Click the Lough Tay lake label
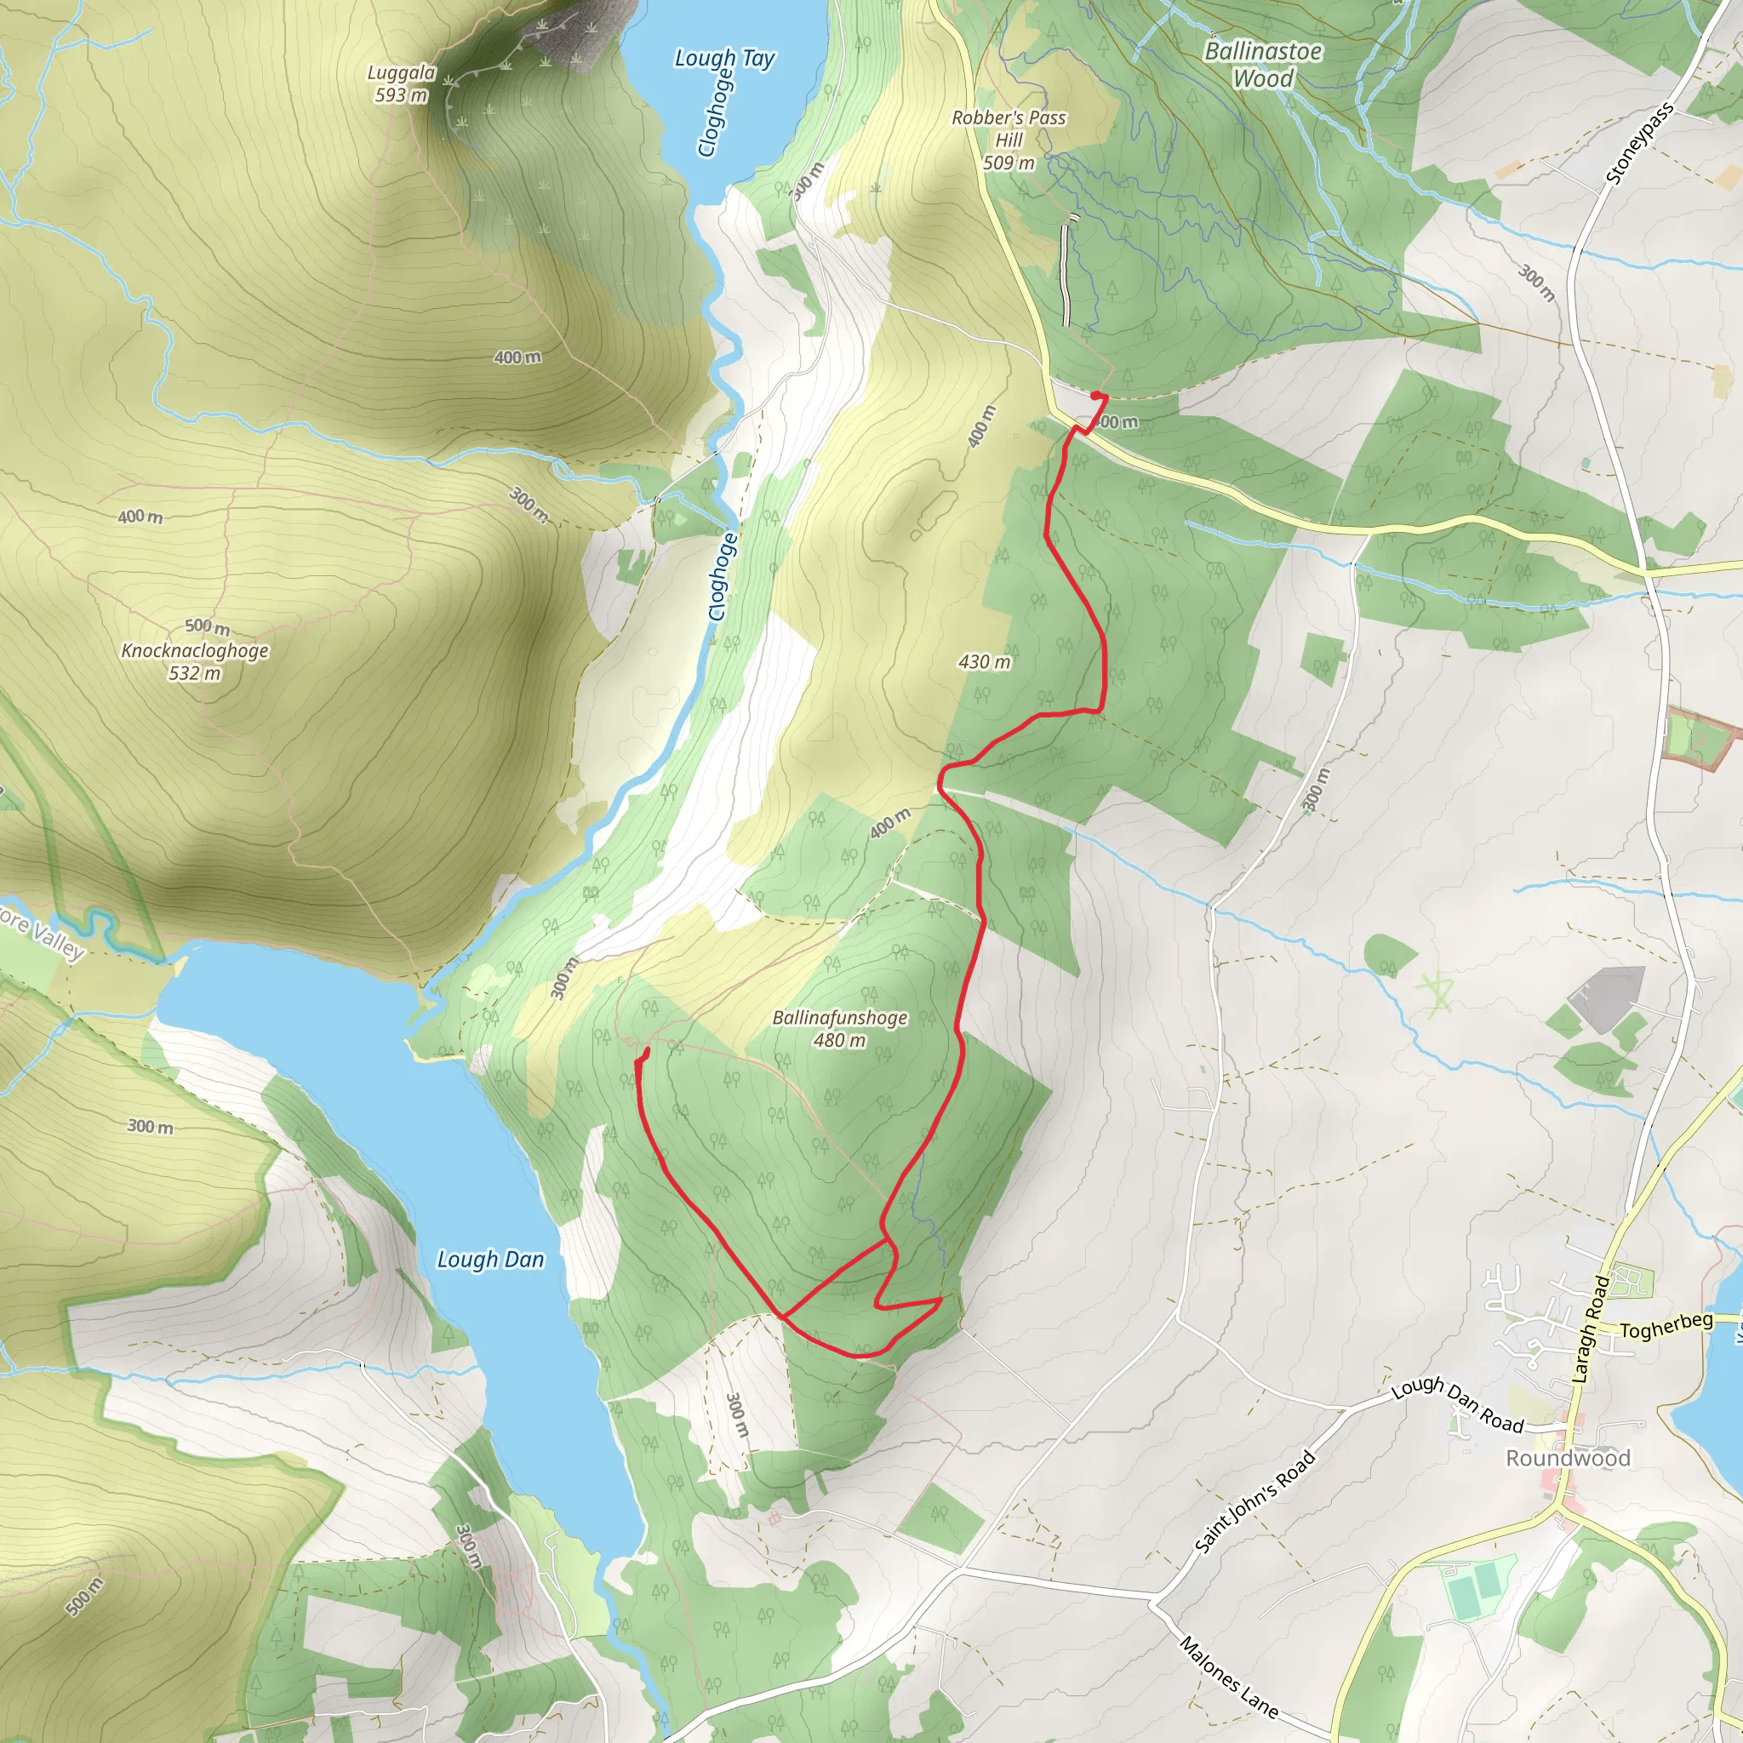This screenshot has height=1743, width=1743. [724, 59]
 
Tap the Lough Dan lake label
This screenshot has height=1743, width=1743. [491, 1260]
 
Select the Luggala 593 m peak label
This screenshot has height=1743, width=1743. [402, 83]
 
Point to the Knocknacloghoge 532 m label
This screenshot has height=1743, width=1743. [195, 660]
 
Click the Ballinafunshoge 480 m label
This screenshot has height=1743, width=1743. [839, 1028]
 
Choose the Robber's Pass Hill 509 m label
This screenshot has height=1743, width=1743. [1009, 140]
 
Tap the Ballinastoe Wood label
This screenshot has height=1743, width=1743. [1263, 65]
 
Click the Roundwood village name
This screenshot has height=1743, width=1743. [1568, 1459]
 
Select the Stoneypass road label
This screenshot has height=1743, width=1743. [1639, 145]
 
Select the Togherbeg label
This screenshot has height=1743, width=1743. [1666, 1326]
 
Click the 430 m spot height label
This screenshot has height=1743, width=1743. [985, 662]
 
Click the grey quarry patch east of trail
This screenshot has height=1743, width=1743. [1607, 997]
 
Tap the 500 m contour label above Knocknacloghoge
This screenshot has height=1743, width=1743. [207, 626]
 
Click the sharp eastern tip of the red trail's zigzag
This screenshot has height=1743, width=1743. [941, 1299]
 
